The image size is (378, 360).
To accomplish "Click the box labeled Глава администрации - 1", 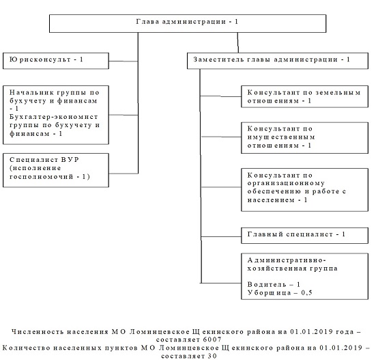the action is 188,23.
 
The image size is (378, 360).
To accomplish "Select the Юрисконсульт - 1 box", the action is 56,61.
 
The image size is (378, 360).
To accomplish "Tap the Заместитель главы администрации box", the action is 278,61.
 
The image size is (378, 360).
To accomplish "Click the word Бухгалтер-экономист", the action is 53,117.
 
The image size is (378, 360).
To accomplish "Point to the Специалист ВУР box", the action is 56,170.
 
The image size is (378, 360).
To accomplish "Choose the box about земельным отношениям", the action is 305,96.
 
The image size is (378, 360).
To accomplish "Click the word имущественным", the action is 281,137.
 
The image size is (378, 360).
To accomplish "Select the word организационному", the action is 286,183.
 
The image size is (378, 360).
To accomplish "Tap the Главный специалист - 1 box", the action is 305,236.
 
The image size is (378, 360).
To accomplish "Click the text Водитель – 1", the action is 274,284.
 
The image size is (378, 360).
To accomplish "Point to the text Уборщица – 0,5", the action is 280,293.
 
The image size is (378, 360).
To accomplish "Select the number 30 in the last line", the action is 212,356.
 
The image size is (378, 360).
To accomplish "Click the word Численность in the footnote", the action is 38,332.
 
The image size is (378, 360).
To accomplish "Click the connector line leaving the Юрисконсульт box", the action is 123,61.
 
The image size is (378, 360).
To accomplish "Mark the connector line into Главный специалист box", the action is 221,237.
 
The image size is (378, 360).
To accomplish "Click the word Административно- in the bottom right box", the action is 287,260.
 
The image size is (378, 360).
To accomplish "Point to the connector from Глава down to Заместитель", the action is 238,43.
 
